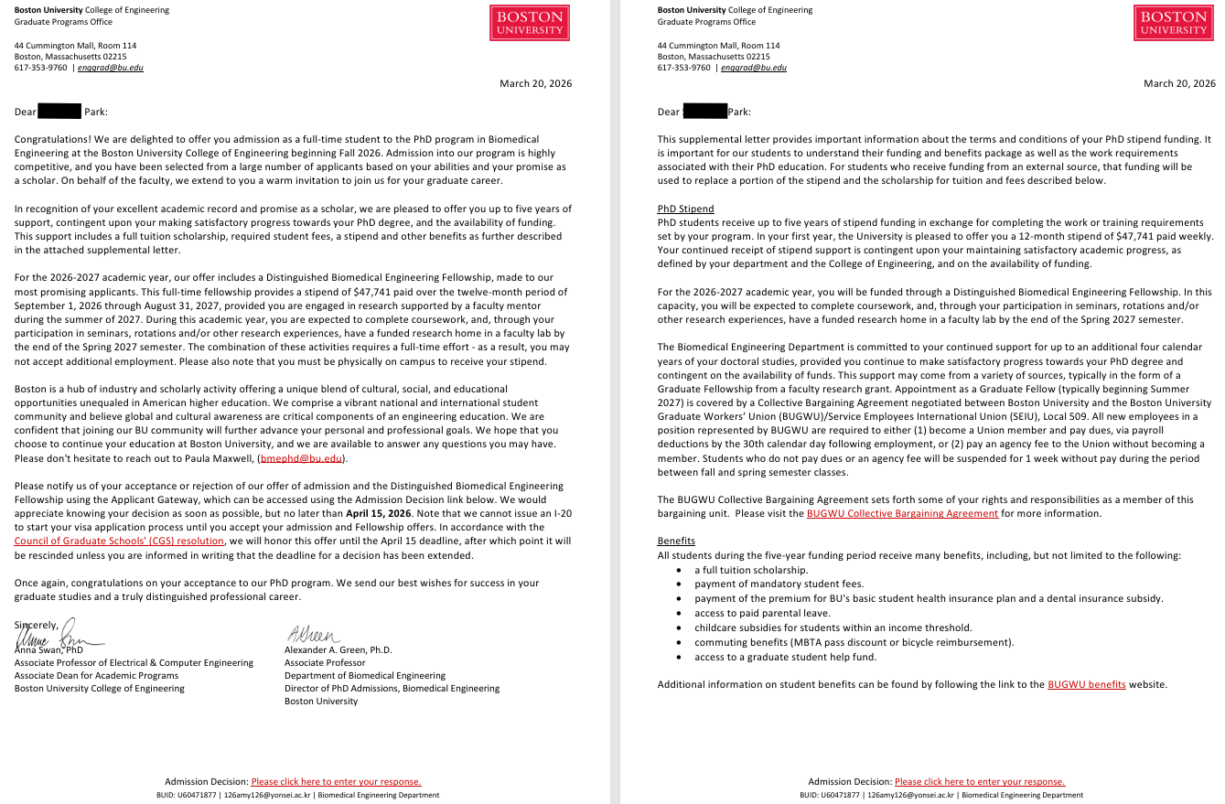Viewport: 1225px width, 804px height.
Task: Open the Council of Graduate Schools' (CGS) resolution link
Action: (x=119, y=541)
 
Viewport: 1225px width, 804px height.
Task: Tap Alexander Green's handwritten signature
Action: (x=313, y=634)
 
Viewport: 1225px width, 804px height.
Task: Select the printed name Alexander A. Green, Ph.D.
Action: (x=338, y=649)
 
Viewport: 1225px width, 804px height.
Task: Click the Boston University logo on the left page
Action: (x=530, y=23)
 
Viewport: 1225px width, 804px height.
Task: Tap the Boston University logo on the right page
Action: (x=1174, y=23)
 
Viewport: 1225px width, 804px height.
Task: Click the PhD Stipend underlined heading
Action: (x=685, y=209)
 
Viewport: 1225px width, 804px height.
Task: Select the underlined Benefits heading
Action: (x=676, y=541)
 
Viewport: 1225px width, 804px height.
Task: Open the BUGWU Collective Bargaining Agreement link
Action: (x=902, y=514)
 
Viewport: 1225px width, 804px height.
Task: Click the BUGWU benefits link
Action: (x=1086, y=685)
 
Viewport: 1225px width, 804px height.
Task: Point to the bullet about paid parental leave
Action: (x=762, y=613)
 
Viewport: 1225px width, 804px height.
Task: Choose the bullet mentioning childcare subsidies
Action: (x=833, y=627)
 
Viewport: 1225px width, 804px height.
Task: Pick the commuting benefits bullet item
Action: (x=854, y=642)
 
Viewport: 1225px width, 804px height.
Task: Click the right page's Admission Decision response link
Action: (x=980, y=782)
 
